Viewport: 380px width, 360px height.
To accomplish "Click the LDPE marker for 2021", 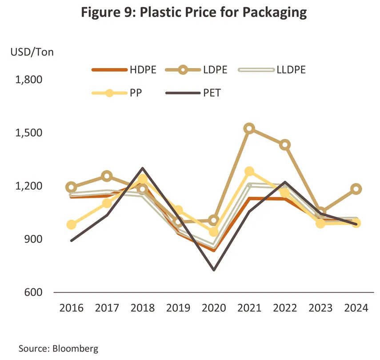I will pyautogui.click(x=249, y=129).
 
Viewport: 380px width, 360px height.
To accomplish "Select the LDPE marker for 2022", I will pyautogui.click(x=285, y=145).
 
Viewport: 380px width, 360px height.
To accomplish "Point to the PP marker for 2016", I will pyautogui.click(x=71, y=225).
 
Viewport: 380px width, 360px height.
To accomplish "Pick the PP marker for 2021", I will pyautogui.click(x=249, y=171).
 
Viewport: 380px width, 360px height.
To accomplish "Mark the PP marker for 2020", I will pyautogui.click(x=214, y=232).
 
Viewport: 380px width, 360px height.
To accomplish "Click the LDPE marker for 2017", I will pyautogui.click(x=107, y=176).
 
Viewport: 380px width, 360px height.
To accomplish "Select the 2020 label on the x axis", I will pyautogui.click(x=214, y=308).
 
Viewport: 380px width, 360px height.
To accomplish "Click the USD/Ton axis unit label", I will pyautogui.click(x=32, y=52).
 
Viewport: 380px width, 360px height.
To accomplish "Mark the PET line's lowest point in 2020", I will pyautogui.click(x=214, y=270).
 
